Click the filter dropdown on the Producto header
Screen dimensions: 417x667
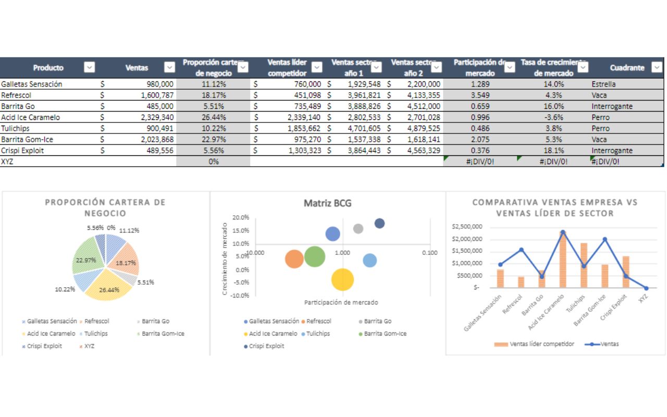coord(90,67)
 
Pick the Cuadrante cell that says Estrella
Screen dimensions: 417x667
coord(603,84)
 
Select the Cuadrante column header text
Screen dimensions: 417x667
coord(627,68)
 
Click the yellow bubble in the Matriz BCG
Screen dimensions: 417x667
coord(342,279)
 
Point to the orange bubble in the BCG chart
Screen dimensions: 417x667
coord(294,259)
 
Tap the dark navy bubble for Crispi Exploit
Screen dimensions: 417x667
coord(380,223)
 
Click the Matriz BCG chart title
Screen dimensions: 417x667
coord(327,203)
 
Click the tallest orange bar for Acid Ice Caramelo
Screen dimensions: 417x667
coord(563,261)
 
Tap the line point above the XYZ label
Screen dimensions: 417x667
coord(646,288)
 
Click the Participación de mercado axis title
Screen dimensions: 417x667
coord(341,302)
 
